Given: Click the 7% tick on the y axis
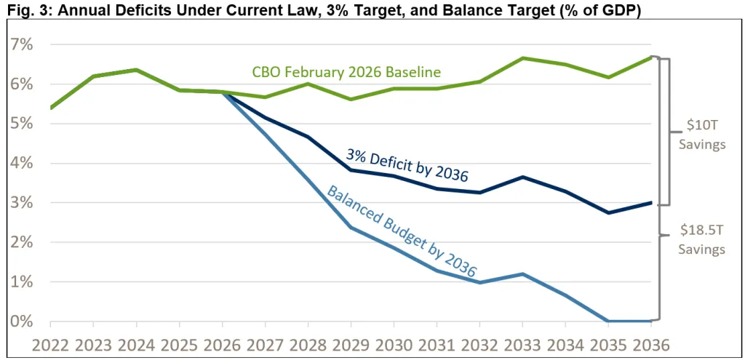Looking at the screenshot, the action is [x=19, y=45].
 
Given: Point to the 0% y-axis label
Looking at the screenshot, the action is [x=19, y=321].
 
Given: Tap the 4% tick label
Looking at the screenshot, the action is [x=19, y=164].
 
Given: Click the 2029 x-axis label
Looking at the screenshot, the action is [x=351, y=343].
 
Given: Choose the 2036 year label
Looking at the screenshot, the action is [x=650, y=343].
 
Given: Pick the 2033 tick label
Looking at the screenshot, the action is [x=522, y=343].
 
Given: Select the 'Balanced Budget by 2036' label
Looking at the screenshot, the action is [x=402, y=231].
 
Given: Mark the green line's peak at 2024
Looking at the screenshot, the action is [x=136, y=70].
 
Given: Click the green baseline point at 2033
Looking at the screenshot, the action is [x=522, y=58].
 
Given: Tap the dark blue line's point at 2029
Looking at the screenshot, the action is [x=351, y=169].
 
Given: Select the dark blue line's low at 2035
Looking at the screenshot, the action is [x=608, y=212].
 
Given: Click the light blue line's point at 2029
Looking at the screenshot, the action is [x=351, y=227].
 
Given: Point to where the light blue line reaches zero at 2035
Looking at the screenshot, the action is [x=608, y=321].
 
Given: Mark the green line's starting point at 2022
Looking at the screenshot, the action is [x=50, y=108].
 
